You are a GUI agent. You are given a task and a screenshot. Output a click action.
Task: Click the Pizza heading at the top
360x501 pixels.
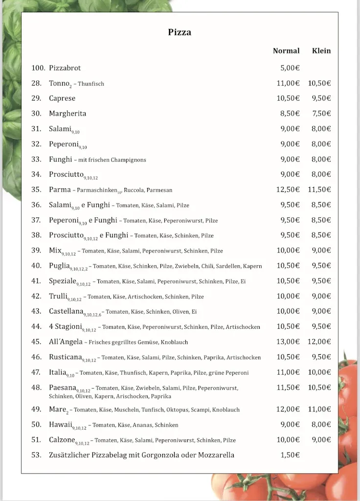pyautogui.click(x=180, y=32)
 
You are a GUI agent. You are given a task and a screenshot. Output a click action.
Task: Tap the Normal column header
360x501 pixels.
pyautogui.click(x=286, y=51)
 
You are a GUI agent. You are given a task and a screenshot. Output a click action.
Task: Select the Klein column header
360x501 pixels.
pyautogui.click(x=321, y=51)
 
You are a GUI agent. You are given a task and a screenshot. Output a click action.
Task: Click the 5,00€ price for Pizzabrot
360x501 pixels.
pyautogui.click(x=290, y=68)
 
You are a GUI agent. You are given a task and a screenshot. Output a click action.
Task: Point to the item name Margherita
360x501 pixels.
pyautogui.click(x=67, y=114)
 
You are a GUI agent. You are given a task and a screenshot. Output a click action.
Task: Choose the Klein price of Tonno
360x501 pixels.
pyautogui.click(x=319, y=83)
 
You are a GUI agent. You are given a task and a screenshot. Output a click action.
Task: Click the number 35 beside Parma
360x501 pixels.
pyautogui.click(x=36, y=189)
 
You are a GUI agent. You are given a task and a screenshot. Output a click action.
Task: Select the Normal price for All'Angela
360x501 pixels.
pyautogui.click(x=288, y=342)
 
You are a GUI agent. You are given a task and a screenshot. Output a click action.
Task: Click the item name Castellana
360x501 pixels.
pyautogui.click(x=66, y=311)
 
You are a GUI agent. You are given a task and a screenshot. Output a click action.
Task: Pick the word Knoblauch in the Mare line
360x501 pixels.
pyautogui.click(x=226, y=410)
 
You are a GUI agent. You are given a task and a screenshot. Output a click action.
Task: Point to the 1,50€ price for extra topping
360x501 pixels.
pyautogui.click(x=290, y=455)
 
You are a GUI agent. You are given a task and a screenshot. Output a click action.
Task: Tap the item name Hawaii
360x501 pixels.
pyautogui.click(x=60, y=424)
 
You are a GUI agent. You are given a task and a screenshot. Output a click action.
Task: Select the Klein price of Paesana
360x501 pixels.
pyautogui.click(x=319, y=387)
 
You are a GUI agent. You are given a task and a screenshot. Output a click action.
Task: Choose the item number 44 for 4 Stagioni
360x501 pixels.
pyautogui.click(x=36, y=326)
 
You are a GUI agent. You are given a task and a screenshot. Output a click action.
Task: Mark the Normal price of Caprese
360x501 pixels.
pyautogui.click(x=288, y=98)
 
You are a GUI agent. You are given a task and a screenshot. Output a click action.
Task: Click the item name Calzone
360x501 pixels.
pyautogui.click(x=62, y=440)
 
